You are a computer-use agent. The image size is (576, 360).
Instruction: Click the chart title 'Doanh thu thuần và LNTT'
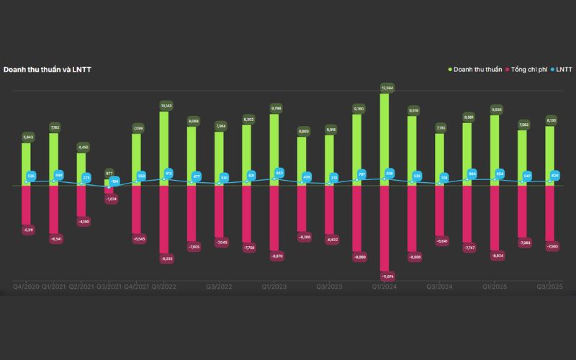coord(48,70)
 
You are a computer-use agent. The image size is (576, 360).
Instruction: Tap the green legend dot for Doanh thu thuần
coord(450,70)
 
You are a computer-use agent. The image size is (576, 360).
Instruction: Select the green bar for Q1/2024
coord(384,137)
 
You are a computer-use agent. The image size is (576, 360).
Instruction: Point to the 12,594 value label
coord(387,88)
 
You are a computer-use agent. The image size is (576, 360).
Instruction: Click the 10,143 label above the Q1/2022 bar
coord(165,106)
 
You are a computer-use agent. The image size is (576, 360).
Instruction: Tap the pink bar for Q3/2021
coord(109,190)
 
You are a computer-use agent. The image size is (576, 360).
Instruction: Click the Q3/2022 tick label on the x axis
coord(220,287)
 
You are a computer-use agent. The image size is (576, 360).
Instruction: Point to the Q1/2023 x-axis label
coord(274,287)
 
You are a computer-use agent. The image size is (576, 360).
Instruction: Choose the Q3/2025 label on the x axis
coord(550,287)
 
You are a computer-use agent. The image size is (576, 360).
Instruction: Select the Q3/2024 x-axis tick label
coord(439,287)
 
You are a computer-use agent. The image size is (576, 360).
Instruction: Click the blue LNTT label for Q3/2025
coord(555,175)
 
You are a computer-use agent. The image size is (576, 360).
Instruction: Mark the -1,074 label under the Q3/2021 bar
coord(111,199)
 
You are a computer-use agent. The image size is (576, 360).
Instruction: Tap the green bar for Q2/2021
coord(82,168)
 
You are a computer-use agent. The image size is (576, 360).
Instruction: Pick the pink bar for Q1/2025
coord(495,216)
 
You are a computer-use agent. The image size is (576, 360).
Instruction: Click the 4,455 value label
coord(84,147)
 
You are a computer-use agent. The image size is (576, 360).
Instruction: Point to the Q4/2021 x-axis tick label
coord(137,287)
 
